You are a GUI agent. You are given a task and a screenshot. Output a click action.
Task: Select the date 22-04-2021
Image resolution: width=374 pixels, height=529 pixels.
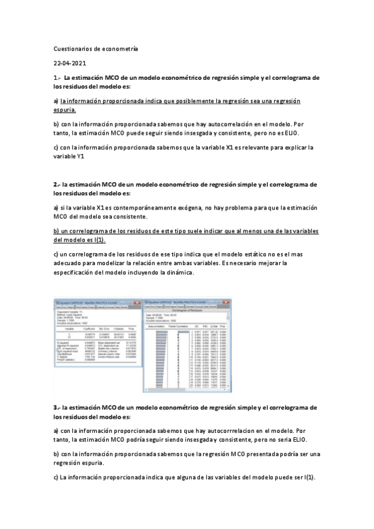tap(71, 64)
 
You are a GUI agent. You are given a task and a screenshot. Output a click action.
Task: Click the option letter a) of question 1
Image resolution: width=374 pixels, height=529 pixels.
tap(56, 100)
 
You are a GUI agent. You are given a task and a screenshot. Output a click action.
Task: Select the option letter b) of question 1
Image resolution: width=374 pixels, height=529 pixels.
tap(56, 124)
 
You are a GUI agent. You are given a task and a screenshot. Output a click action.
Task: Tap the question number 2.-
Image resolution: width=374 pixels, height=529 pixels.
tap(57, 185)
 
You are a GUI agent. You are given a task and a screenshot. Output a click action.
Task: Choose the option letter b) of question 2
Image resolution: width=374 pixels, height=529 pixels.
tap(56, 231)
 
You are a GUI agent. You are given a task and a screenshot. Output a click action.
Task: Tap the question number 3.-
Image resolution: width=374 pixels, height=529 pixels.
tap(57, 407)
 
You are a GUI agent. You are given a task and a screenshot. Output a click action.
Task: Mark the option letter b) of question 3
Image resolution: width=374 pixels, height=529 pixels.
tap(56, 454)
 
